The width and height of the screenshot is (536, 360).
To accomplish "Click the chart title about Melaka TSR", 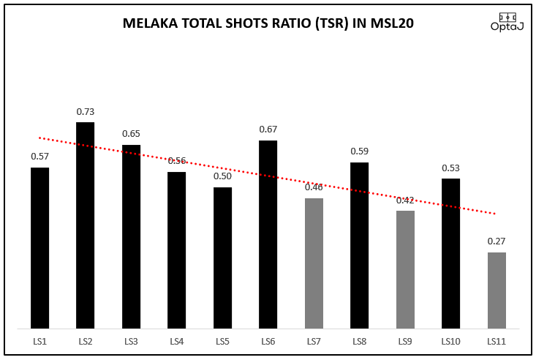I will [268, 23].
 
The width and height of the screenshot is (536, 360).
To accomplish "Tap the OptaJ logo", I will [506, 21].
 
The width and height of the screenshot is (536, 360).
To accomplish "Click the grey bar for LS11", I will [497, 290].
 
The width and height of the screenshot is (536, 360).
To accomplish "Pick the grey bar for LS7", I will [314, 263].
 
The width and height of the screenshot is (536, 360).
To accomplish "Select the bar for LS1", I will [39, 248].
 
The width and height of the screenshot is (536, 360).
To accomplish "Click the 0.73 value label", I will [86, 112].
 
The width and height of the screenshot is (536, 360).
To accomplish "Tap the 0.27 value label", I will [497, 241].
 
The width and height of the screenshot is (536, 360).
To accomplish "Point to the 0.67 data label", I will [268, 130].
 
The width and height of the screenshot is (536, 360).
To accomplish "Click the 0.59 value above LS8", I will [360, 152].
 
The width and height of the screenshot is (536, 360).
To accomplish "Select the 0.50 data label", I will [222, 176].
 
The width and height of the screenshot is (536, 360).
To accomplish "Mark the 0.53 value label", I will [450, 168].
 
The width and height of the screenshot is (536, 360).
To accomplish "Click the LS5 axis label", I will [222, 342].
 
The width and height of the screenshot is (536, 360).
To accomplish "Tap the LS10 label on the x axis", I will [450, 342].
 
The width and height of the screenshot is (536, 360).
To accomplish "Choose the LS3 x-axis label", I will [131, 342].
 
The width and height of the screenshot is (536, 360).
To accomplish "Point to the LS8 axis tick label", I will [360, 342].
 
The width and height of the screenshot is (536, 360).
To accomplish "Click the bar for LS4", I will [177, 250].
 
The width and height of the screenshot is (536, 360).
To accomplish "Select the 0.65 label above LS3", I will [131, 134].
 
